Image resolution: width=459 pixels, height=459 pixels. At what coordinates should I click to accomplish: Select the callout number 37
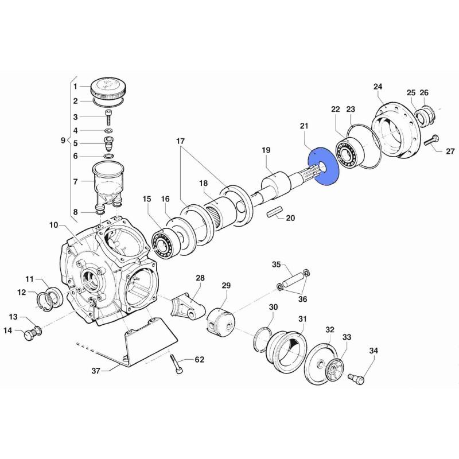(x=96, y=371)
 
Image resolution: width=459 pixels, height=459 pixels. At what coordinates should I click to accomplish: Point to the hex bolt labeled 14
(x=30, y=334)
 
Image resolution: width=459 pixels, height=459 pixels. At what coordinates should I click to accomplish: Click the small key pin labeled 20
(x=275, y=211)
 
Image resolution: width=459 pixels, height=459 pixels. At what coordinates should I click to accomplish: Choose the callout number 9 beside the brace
(x=63, y=140)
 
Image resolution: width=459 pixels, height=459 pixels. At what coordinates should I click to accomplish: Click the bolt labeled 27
(x=431, y=141)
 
